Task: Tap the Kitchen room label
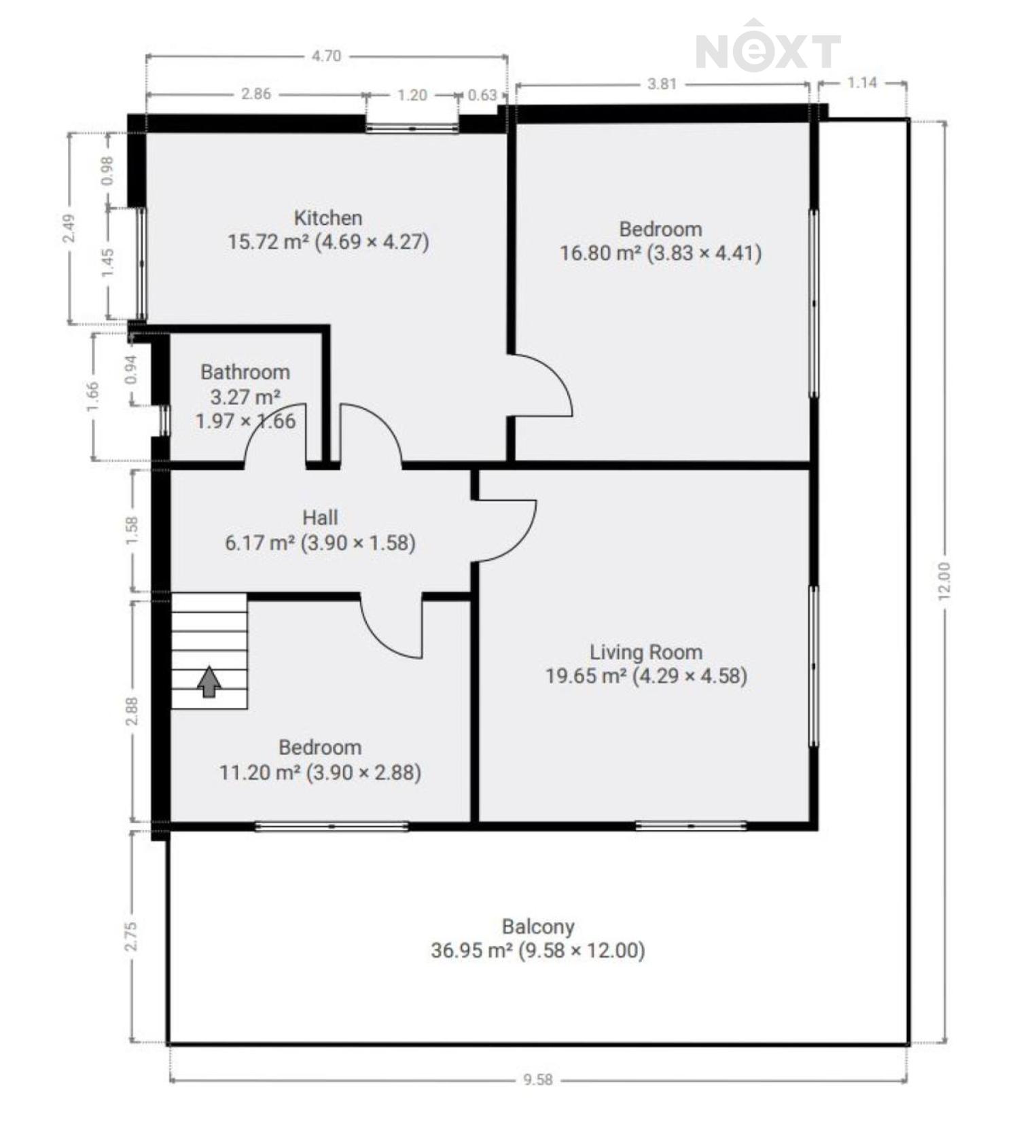(327, 218)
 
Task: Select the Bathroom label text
(245, 372)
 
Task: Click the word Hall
(320, 518)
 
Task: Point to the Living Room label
(645, 652)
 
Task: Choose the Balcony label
(538, 927)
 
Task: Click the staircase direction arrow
(209, 681)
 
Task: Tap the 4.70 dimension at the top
(326, 56)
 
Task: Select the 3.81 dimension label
(662, 84)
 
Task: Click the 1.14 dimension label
(862, 83)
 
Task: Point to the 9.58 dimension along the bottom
(538, 1079)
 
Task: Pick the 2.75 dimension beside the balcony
(131, 936)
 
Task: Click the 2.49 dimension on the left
(69, 228)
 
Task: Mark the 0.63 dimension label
(482, 95)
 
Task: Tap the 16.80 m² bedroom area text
(601, 253)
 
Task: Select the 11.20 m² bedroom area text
(260, 772)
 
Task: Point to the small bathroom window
(164, 420)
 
